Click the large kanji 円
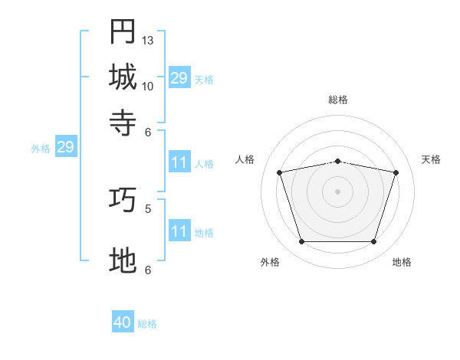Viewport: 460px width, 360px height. (x=123, y=31)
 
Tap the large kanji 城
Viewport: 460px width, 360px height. (x=123, y=77)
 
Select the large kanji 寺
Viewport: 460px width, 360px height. (x=123, y=123)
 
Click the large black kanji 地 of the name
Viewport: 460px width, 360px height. (x=123, y=260)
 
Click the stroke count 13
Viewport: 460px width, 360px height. (x=147, y=41)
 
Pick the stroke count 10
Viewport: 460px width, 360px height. (x=147, y=87)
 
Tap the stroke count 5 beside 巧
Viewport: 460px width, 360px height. (x=148, y=209)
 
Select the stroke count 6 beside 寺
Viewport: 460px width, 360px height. (x=148, y=133)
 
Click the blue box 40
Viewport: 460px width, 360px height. (x=123, y=321)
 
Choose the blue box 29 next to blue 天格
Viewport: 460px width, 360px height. (x=179, y=77)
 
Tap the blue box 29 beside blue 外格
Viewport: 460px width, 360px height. (x=66, y=146)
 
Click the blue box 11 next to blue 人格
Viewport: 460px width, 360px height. (x=179, y=162)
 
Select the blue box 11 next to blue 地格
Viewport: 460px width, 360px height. (x=179, y=230)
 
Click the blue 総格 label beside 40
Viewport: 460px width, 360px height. (x=147, y=324)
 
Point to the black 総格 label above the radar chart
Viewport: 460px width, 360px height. (x=338, y=100)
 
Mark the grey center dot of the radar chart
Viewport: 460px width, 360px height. (x=337, y=191)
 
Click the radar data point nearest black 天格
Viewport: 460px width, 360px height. (x=396, y=172)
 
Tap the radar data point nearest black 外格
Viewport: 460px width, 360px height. (x=301, y=241)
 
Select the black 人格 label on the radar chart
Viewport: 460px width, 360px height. (x=245, y=159)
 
